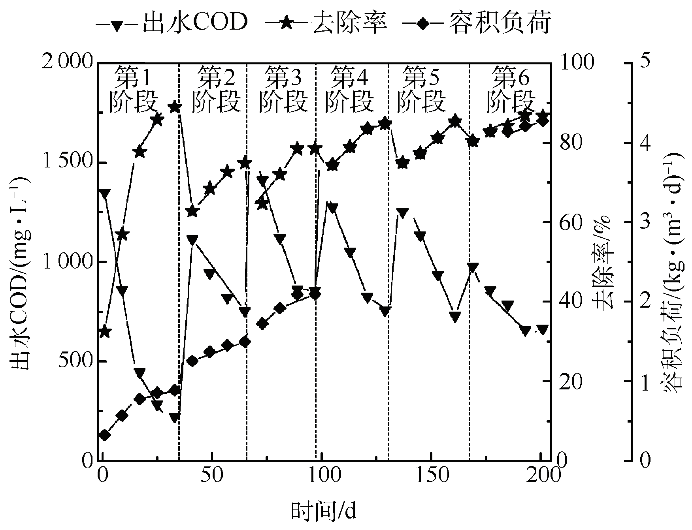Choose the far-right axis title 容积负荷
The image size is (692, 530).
[672, 273]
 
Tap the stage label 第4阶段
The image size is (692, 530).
[349, 89]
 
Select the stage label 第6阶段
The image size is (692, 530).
[511, 89]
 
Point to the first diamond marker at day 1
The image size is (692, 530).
[104, 435]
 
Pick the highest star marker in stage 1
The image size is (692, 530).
[175, 107]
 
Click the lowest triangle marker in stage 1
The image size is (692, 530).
[175, 417]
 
